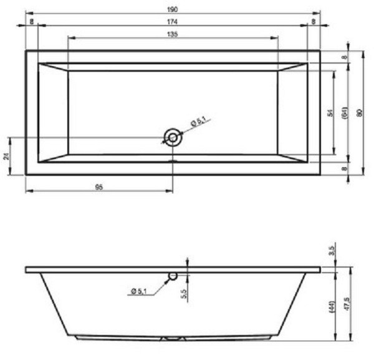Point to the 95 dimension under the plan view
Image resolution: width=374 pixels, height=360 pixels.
tap(99, 187)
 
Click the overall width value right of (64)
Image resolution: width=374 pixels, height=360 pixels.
tap(359, 112)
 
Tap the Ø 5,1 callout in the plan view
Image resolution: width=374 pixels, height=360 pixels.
tap(199, 122)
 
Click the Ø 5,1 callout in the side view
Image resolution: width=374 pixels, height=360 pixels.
tap(141, 289)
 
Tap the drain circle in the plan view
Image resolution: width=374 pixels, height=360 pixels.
tap(172, 137)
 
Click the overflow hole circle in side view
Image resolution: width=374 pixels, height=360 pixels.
tap(173, 276)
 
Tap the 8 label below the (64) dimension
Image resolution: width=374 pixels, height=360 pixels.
tap(345, 168)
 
